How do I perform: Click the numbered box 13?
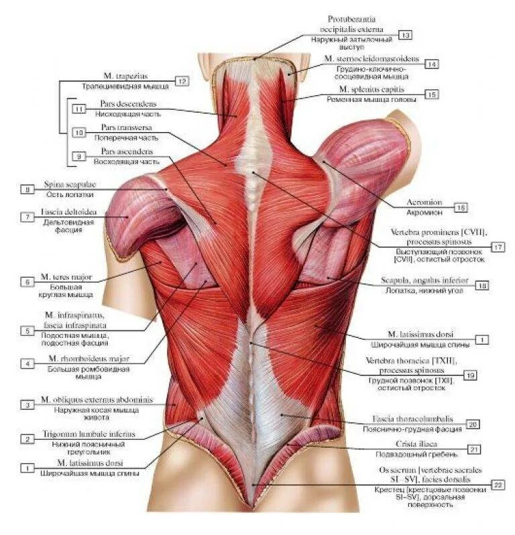405,34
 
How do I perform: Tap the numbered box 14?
431,64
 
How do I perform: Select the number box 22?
498,484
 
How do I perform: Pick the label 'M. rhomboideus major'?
82,359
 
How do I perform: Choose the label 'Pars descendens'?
129,105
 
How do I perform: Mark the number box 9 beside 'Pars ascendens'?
80,156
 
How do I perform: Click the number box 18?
482,286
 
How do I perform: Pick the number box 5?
27,330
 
